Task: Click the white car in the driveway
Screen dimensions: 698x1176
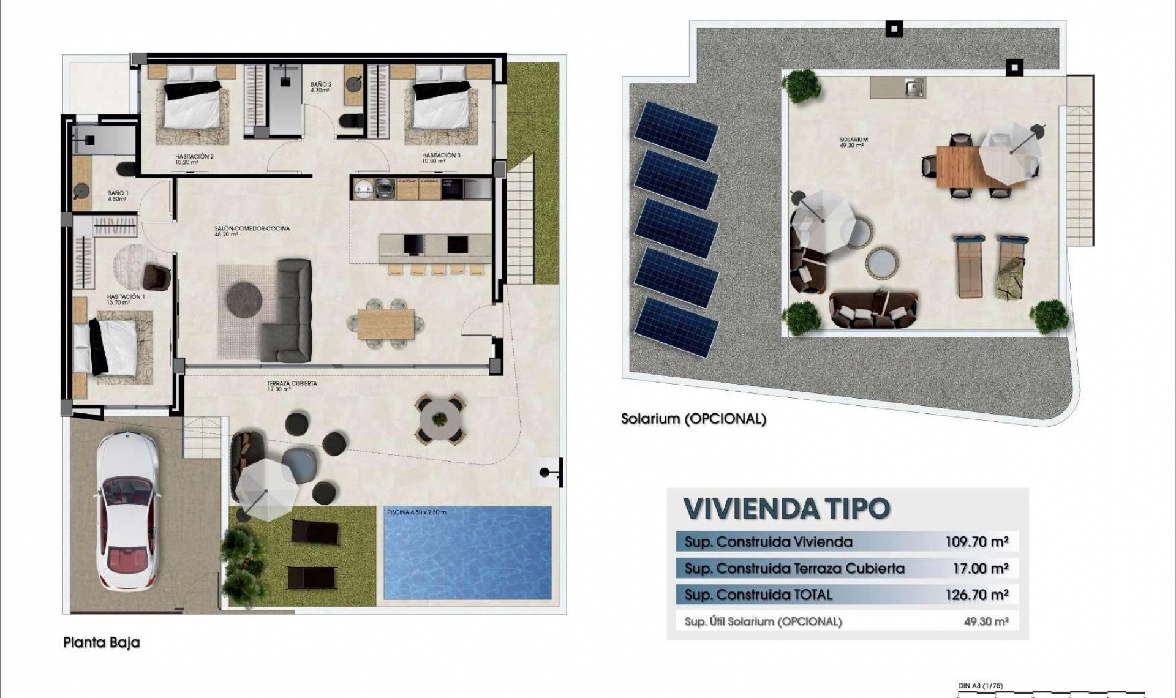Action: point(127,511)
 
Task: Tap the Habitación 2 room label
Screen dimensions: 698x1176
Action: point(194,159)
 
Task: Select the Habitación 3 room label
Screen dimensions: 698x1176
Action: point(441,158)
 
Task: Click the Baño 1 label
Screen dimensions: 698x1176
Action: point(118,196)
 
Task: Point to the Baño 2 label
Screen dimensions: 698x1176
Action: point(321,87)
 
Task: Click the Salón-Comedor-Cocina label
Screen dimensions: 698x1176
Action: point(252,231)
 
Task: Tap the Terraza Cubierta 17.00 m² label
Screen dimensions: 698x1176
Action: point(292,386)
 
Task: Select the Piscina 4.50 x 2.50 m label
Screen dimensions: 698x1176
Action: point(417,512)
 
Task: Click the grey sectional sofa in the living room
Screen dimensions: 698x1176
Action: point(288,311)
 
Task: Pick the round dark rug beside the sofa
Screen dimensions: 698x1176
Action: point(244,300)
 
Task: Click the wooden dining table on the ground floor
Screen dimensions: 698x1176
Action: point(386,324)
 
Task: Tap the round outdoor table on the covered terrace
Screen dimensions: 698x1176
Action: point(439,419)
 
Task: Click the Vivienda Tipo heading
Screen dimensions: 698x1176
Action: point(786,508)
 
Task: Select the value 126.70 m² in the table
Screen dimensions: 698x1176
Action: point(976,595)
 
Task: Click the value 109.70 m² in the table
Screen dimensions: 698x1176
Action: point(976,542)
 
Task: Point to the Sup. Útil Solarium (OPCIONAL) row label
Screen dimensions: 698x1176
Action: point(763,621)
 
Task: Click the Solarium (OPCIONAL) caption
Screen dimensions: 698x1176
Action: point(693,419)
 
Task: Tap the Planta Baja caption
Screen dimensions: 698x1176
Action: point(102,642)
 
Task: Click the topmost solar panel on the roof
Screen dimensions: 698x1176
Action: point(676,130)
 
